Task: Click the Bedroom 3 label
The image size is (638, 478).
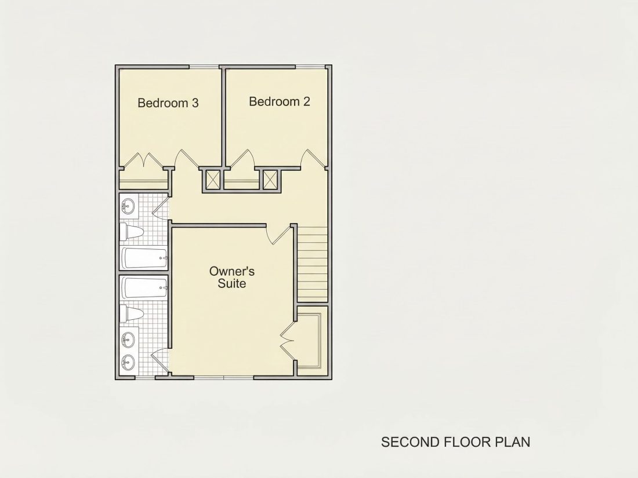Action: (168, 103)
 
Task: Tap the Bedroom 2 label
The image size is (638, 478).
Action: (280, 101)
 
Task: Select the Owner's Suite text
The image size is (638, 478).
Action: (232, 277)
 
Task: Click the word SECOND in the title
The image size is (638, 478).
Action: (409, 442)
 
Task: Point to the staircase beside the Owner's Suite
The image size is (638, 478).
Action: (313, 264)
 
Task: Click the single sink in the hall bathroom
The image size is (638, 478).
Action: (129, 206)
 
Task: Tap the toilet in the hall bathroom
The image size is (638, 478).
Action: (132, 232)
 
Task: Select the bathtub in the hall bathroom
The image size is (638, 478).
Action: (144, 258)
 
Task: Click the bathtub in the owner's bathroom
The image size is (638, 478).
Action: (144, 288)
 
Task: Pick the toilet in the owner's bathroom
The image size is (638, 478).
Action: (132, 314)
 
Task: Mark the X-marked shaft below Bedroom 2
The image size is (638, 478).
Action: (269, 179)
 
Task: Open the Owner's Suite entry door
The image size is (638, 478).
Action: (280, 234)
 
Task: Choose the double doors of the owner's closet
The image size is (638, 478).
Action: (287, 340)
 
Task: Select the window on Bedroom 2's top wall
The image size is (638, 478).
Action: (310, 67)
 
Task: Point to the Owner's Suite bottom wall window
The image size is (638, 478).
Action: (224, 377)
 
